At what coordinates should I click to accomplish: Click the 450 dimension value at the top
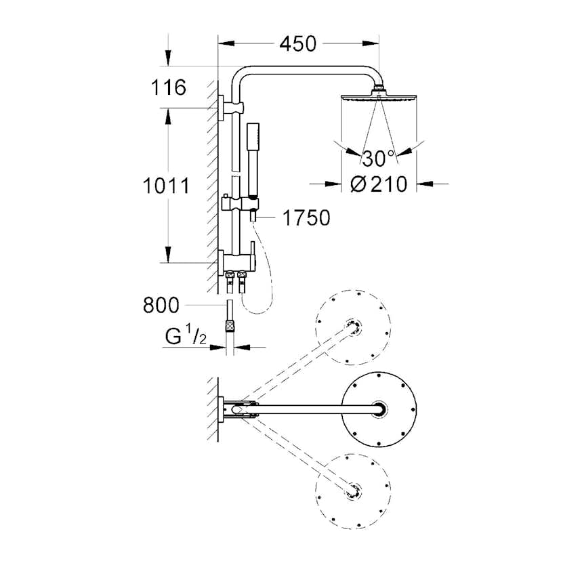pos(297,44)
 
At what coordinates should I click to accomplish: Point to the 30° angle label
pos(377,159)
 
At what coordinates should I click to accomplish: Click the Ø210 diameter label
pos(379,183)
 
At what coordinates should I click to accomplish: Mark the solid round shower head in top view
pos(381,409)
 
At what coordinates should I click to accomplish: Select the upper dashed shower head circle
pos(353,327)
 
